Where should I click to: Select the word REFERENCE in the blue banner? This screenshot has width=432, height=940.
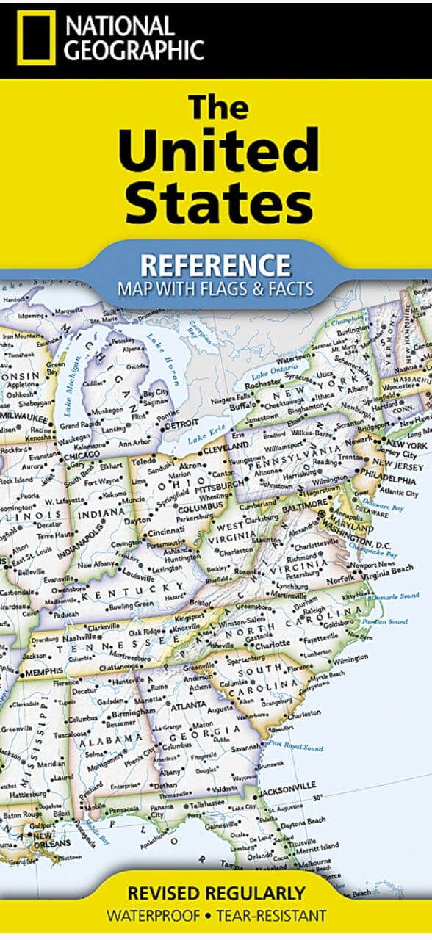point(216,264)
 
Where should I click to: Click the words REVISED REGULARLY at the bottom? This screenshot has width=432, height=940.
point(216,894)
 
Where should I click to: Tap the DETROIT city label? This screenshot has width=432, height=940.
point(181,424)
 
